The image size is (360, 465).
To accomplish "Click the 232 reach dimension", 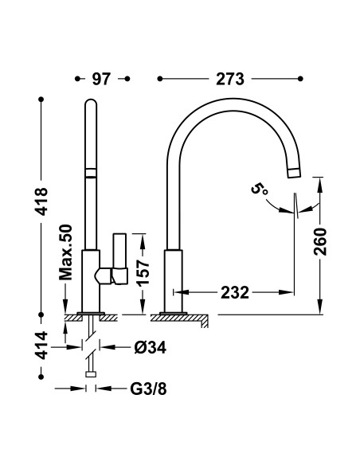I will pos(232,291).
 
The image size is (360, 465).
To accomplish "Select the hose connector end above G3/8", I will pos(92,373).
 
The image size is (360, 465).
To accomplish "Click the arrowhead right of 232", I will pos(288,291).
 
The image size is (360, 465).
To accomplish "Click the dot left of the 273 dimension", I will pos(161,79).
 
